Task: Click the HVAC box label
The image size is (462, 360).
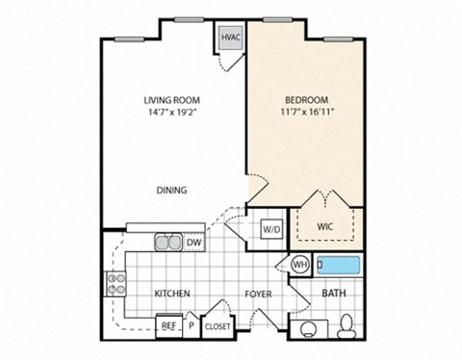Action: (x=230, y=38)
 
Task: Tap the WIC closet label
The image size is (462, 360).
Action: (x=326, y=227)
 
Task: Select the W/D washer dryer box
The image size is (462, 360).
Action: (x=270, y=229)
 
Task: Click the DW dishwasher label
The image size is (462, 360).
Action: (x=193, y=243)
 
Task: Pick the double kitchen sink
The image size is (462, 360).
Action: (x=165, y=243)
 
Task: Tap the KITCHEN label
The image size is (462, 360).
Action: (x=172, y=293)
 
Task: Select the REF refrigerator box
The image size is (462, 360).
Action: (x=167, y=325)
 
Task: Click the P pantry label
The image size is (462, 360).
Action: (x=192, y=326)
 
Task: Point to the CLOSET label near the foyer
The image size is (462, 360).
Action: (x=218, y=326)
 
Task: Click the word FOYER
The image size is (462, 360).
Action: (x=258, y=293)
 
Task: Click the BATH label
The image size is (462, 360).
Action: (x=334, y=293)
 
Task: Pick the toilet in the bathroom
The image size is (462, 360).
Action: (x=346, y=327)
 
